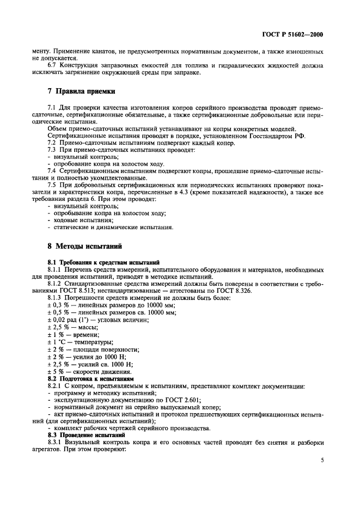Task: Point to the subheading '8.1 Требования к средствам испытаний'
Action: (x=103, y=262)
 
